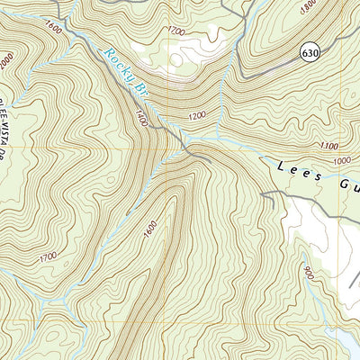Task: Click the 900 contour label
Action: click(x=310, y=273)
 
